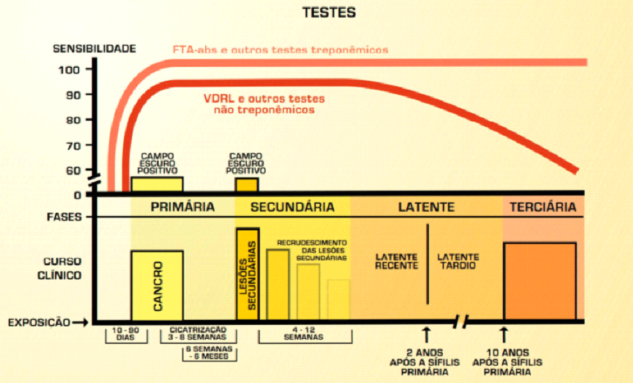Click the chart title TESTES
(329, 13)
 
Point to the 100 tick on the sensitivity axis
(69, 70)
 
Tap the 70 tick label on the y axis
(73, 145)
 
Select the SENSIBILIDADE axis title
(94, 49)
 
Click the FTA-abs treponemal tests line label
(280, 50)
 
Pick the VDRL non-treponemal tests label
(264, 104)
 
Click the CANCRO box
(158, 286)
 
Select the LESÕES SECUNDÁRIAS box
(248, 275)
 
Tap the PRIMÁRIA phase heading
(182, 207)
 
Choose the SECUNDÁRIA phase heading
(292, 207)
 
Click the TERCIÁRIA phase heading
(543, 207)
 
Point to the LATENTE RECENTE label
(396, 261)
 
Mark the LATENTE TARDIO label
(459, 261)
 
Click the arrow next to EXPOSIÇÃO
(80, 322)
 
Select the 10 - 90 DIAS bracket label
(126, 333)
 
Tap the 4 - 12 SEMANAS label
(304, 333)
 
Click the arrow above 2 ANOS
(426, 335)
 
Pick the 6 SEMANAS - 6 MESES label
(209, 353)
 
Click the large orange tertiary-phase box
(540, 282)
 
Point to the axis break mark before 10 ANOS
(461, 322)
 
